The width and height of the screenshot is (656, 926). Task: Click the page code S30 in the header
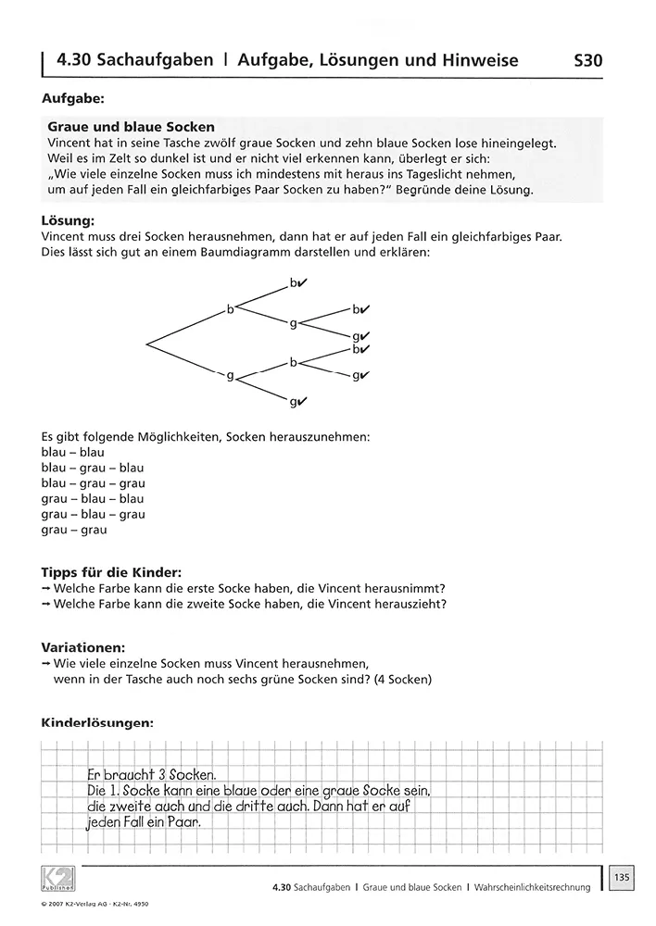(x=588, y=61)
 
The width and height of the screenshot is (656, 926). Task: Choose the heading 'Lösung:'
(x=68, y=221)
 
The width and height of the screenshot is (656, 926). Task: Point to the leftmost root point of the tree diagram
(x=147, y=344)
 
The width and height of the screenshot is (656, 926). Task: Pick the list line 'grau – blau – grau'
(x=94, y=514)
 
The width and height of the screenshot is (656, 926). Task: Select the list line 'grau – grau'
(x=74, y=530)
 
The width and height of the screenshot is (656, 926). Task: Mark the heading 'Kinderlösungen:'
(x=98, y=722)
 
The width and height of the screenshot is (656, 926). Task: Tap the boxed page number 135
(x=622, y=874)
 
